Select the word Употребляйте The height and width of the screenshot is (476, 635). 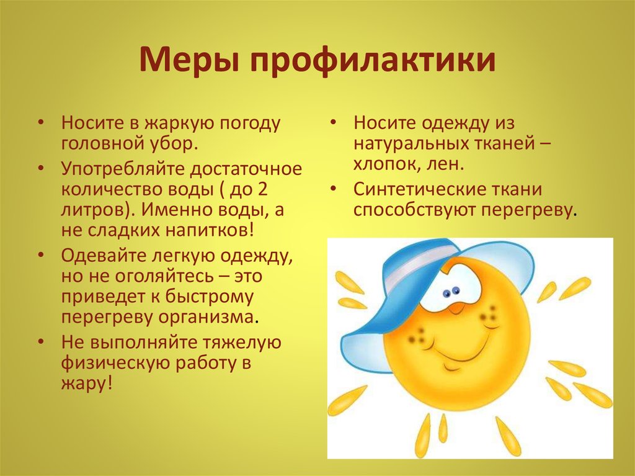point(123,169)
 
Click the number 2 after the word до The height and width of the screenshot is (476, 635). point(262,189)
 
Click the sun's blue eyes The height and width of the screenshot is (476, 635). point(451,292)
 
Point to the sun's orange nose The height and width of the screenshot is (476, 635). point(457,308)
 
